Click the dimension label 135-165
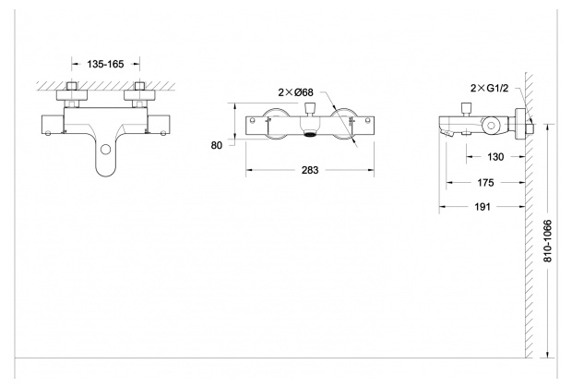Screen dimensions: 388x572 point(103,66)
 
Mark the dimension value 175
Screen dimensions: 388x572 point(487,183)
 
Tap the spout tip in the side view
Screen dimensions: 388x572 point(448,133)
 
